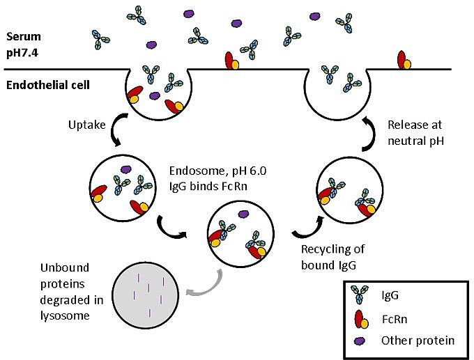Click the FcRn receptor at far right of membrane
point(403,61)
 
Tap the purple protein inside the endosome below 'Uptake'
point(126,169)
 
